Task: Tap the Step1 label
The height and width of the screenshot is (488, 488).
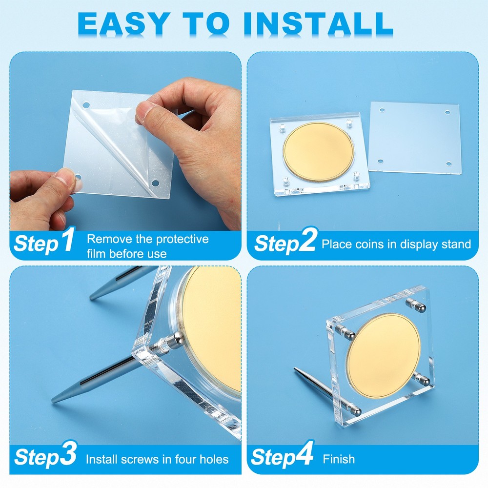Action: [44, 243]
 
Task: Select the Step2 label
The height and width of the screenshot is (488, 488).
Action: [285, 243]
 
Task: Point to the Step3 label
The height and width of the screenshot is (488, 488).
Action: [45, 457]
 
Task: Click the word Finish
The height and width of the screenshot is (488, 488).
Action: [339, 459]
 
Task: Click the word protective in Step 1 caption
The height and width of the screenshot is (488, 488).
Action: [182, 239]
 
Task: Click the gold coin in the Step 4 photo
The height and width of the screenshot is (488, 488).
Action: [384, 355]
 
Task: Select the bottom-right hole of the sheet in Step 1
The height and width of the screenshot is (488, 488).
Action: [155, 183]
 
